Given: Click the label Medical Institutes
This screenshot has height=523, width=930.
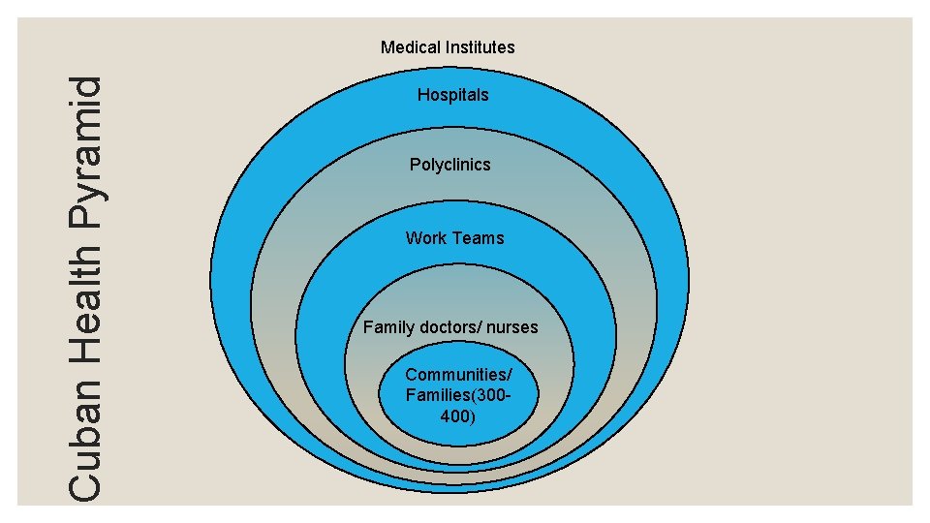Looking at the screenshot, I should click(448, 46).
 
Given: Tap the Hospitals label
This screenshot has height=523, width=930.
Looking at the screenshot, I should click(452, 95).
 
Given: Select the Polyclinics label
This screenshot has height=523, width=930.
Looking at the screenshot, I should click(449, 165).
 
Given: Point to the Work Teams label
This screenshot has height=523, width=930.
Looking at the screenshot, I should click(454, 238).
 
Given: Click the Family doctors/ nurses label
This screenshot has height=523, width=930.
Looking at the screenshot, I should click(450, 327).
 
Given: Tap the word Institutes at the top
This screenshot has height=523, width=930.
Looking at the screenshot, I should click(480, 46).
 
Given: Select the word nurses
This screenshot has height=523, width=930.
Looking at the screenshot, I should click(511, 327).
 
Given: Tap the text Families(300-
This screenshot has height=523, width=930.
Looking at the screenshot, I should click(458, 395).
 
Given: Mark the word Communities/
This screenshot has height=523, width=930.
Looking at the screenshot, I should click(458, 375).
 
